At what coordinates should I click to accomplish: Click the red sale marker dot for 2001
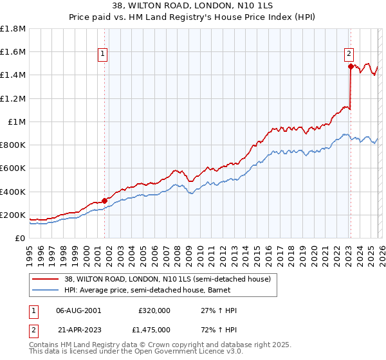point(104,201)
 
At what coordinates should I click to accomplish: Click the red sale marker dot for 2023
point(351,66)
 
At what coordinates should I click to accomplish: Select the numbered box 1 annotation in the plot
point(104,55)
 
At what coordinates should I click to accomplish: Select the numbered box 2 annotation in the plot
point(349,55)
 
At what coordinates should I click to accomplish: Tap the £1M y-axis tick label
point(17,122)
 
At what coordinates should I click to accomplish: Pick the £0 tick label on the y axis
point(21,238)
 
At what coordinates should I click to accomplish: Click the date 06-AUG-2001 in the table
point(78,310)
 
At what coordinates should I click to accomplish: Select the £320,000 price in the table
point(154,310)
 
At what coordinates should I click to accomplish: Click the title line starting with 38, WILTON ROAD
point(193,5)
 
